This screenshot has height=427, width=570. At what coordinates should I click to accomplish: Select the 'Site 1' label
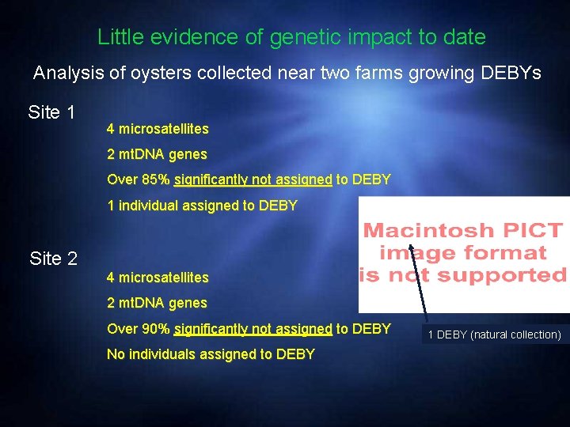coord(51,112)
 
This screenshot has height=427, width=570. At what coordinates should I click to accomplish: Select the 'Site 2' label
coord(53,258)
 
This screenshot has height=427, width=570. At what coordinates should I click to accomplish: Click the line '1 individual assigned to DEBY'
coord(202,206)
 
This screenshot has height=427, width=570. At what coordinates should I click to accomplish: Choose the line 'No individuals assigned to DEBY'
coord(211,354)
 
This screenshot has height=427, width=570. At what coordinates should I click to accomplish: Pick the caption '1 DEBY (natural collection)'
coord(494,334)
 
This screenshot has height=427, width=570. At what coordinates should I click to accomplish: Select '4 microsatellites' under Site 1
coord(158,128)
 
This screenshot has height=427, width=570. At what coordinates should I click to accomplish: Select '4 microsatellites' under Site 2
coord(158,278)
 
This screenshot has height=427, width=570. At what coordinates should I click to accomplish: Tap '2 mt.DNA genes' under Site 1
coord(157,154)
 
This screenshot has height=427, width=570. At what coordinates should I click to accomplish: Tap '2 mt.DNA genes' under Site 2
coord(157,303)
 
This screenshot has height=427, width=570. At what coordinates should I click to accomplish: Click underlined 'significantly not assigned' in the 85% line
coord(253,179)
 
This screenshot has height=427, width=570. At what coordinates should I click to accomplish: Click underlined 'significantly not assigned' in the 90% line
coord(253,328)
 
